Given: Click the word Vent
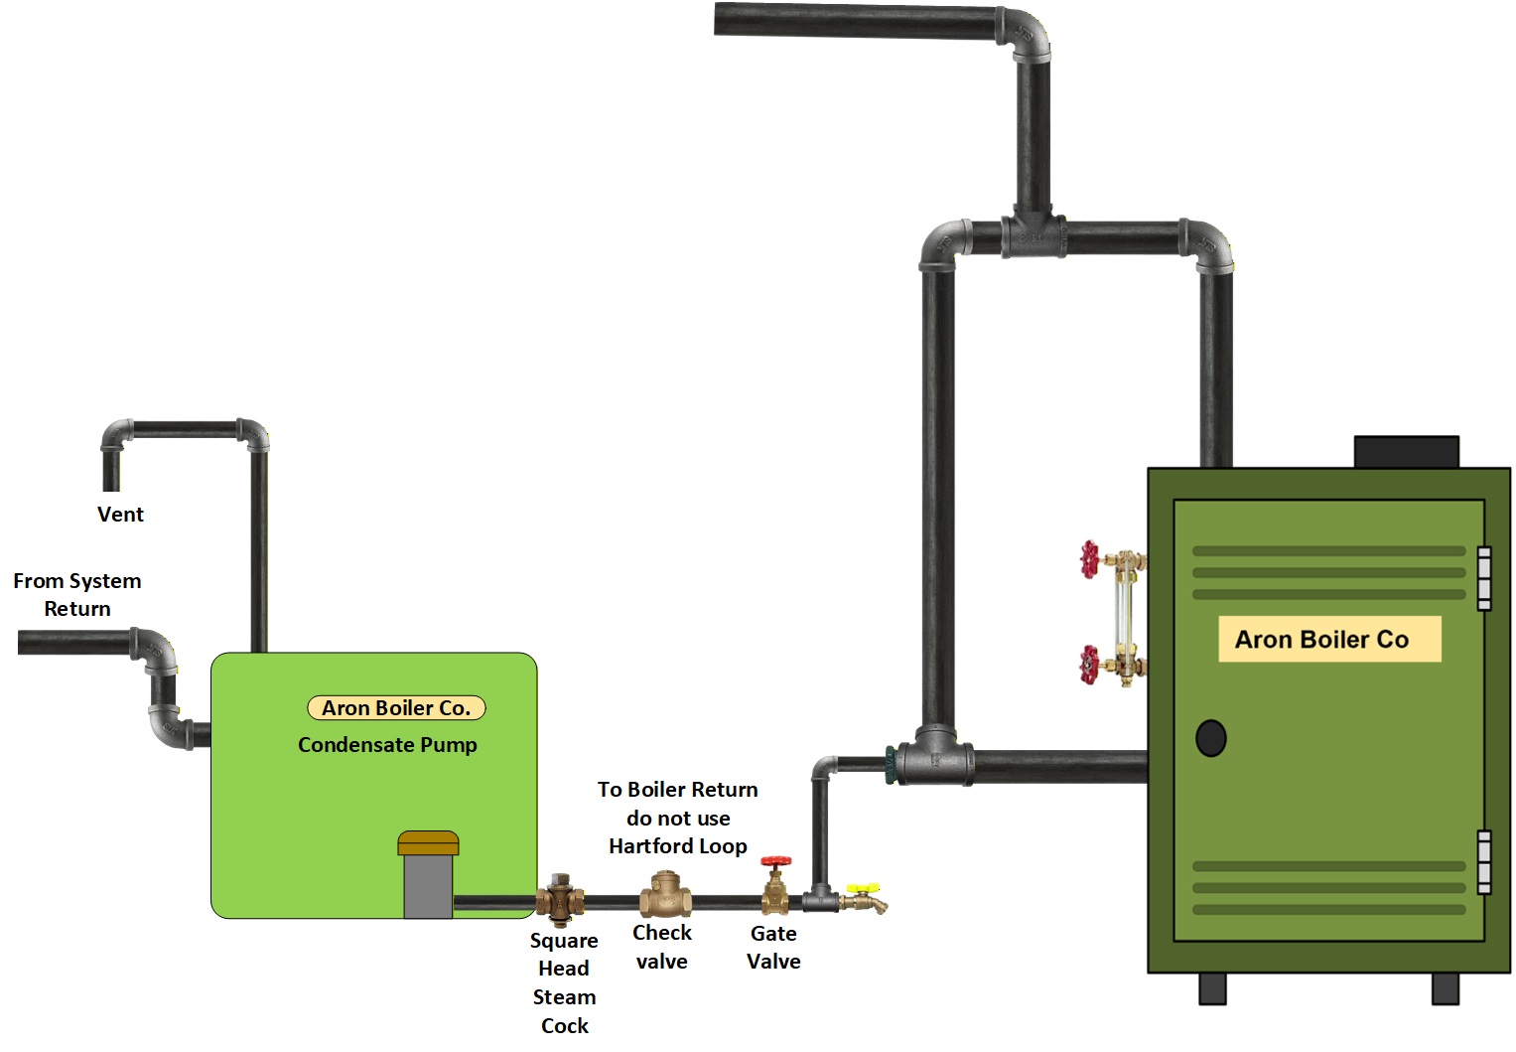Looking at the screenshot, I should [120, 515].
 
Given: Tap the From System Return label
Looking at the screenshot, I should [76, 594].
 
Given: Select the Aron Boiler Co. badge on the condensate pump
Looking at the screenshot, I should [396, 708].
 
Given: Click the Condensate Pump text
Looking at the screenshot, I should [387, 745].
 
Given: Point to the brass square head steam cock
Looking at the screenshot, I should [561, 899].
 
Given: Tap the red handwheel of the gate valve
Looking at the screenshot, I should [775, 862].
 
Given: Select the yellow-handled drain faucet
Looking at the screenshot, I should [864, 898].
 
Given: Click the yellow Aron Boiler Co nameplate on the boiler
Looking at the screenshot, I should [1329, 640].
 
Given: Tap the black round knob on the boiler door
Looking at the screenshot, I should [1210, 738].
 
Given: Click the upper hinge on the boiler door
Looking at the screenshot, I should [1484, 578].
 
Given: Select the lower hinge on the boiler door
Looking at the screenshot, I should [1484, 862].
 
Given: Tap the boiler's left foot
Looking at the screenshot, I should [1212, 988].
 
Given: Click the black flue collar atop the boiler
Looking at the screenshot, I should [1407, 452].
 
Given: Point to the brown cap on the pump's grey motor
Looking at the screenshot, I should [428, 843].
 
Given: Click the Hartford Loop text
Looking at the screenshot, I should [678, 846].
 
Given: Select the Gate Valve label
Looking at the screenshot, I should [773, 948].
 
